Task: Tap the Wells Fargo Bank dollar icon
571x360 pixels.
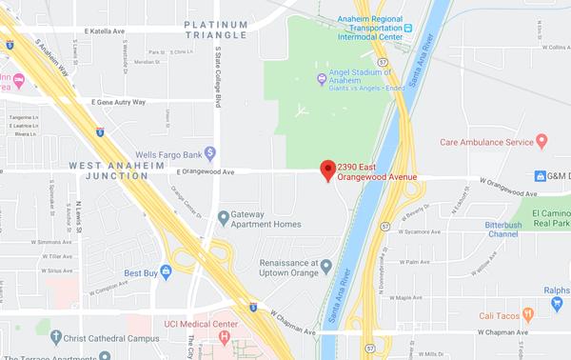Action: (212, 151)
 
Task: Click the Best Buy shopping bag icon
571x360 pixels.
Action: (166, 271)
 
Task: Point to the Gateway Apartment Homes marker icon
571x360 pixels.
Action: (223, 217)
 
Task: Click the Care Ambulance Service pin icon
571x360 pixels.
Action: (541, 142)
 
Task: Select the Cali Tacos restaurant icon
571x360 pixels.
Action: (529, 315)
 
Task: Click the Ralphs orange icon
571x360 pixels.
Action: (557, 303)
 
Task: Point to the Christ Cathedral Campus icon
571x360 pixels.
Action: (56, 336)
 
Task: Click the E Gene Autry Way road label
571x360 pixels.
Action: (119, 101)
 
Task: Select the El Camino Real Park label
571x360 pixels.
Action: (550, 217)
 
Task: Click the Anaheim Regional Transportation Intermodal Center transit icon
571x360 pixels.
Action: (407, 28)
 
